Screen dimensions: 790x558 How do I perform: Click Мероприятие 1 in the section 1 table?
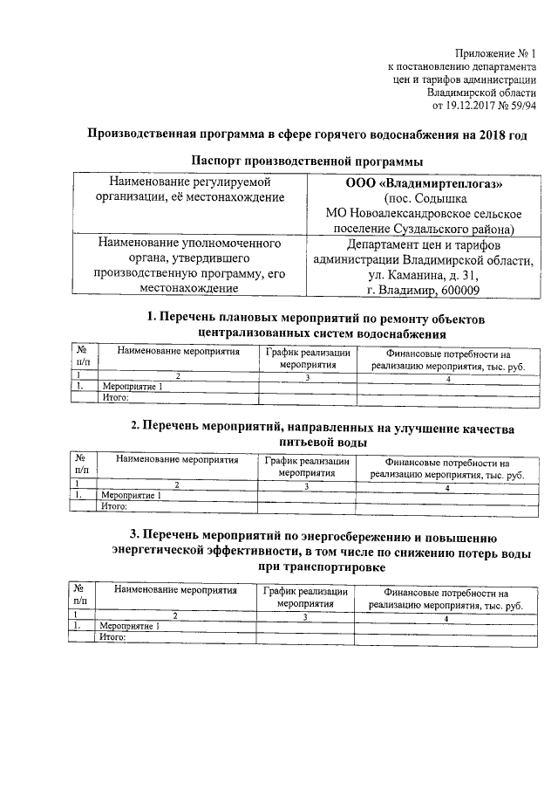tap(132, 386)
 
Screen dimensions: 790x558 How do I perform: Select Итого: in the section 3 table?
tap(114, 637)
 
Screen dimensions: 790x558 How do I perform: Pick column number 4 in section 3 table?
tap(446, 618)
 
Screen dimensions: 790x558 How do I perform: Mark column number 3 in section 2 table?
tap(307, 486)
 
